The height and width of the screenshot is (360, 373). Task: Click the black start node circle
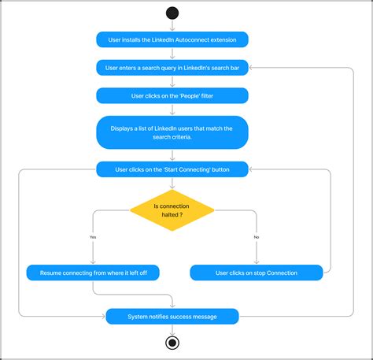coord(172,12)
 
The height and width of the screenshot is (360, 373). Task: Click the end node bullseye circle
coord(172,343)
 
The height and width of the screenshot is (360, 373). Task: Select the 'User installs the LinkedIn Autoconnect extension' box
coord(172,39)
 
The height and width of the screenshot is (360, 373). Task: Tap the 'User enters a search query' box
coord(172,68)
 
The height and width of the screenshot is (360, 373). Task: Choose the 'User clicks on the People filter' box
coord(172,95)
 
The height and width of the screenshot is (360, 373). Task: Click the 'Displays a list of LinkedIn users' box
coord(172,132)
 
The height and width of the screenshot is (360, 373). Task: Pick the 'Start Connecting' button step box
coord(172,169)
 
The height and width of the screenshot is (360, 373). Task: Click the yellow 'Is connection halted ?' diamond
coord(172,210)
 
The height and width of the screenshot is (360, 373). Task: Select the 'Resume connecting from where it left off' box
coord(93,273)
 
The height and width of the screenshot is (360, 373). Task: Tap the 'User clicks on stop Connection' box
coord(257,273)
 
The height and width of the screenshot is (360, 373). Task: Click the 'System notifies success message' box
coord(172,317)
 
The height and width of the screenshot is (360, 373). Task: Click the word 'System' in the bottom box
coord(138,317)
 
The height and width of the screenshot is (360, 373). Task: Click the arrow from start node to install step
coord(172,25)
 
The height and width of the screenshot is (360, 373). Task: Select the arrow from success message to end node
coord(172,330)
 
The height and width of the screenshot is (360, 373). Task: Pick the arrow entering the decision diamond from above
coord(172,184)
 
